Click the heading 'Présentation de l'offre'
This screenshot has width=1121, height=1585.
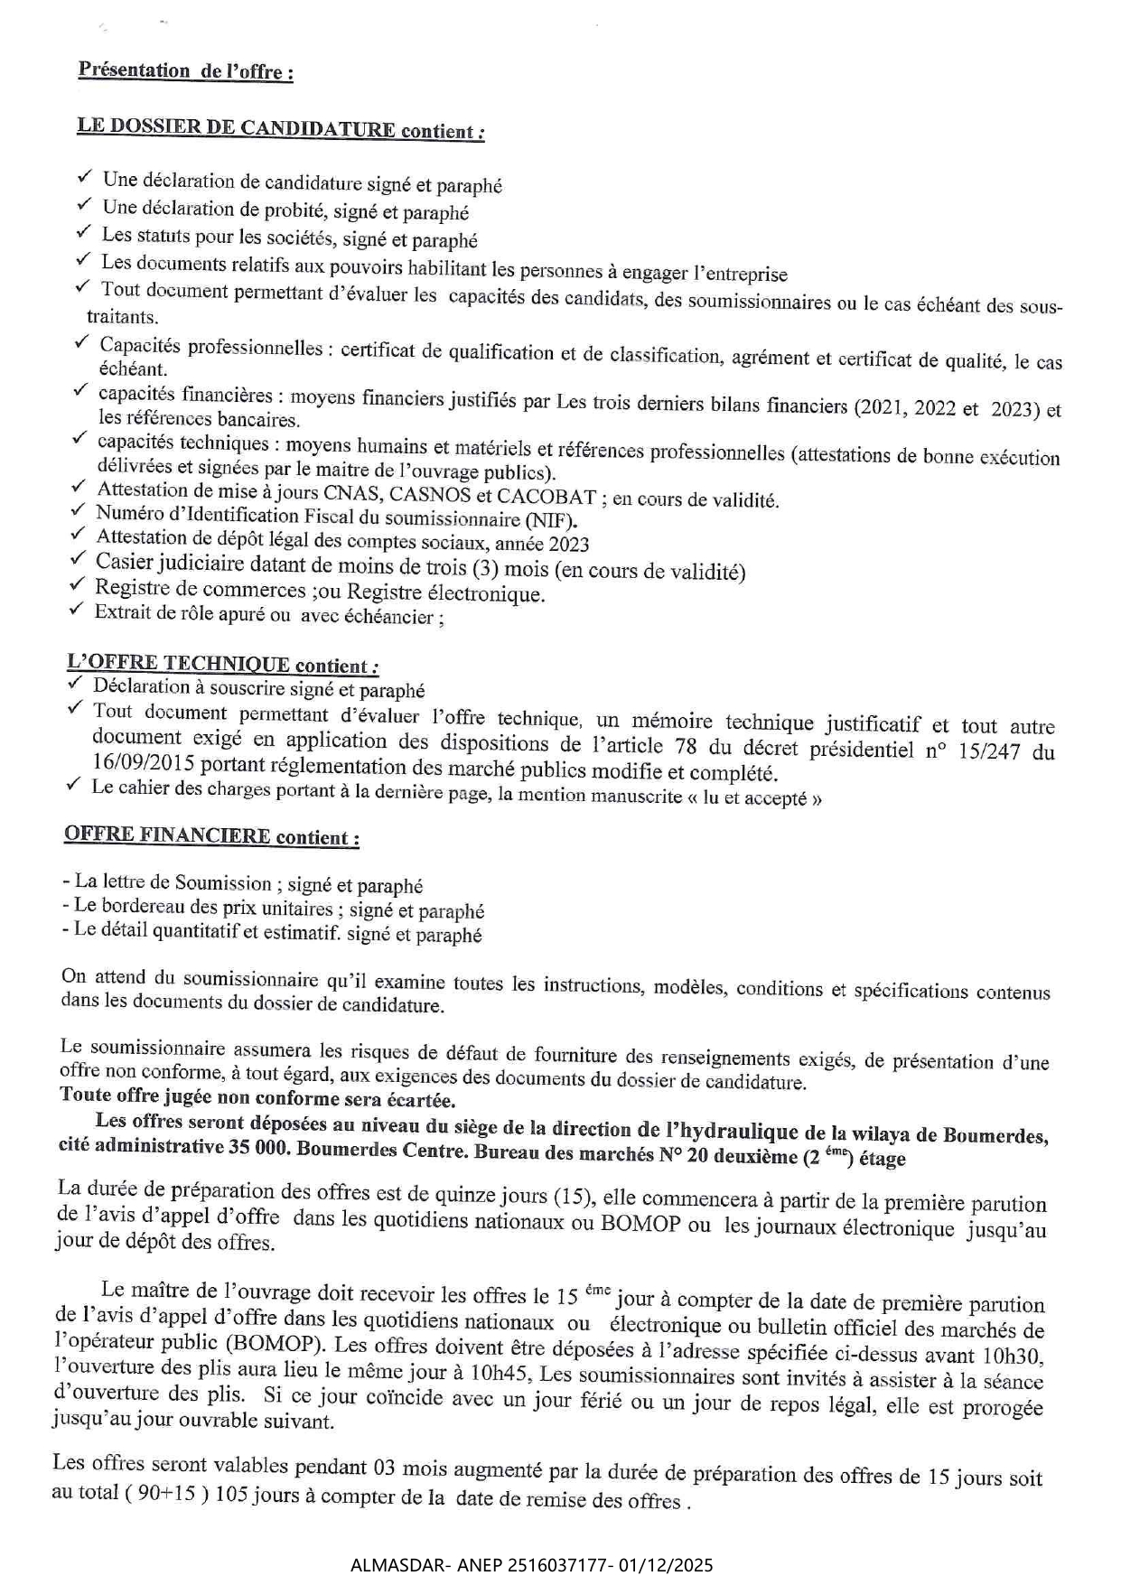tap(185, 70)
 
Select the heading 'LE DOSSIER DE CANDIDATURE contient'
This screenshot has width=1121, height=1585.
tap(280, 128)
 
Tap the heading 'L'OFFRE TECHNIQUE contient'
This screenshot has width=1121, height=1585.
tap(222, 664)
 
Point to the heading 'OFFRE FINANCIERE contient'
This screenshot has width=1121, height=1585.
tap(211, 835)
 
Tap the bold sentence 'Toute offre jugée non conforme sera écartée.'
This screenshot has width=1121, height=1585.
tap(257, 1098)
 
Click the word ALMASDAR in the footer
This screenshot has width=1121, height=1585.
tap(389, 1564)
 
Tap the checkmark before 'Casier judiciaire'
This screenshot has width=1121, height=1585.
tap(77, 559)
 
